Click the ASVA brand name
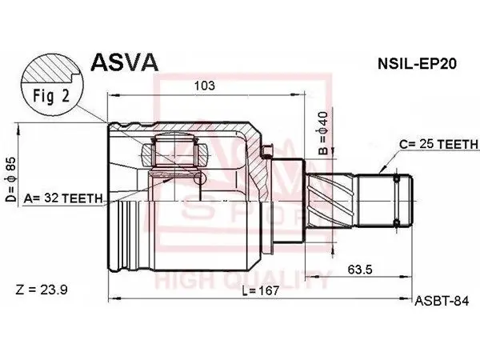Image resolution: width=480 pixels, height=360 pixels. pos(125,62)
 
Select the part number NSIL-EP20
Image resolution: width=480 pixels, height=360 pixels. pos(418,64)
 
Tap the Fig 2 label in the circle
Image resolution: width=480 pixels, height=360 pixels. pos(51,96)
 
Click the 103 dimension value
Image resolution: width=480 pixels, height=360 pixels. pos(205,86)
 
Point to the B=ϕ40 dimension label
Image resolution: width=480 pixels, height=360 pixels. pos(323,133)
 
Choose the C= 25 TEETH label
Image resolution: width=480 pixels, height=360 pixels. pos(438,144)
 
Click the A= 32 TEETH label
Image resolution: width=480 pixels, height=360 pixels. pos(62,198)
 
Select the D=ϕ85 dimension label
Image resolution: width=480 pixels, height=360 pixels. pos(11,179)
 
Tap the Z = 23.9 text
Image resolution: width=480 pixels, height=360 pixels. pos(42,290)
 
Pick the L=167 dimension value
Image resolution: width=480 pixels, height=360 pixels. pos(261,290)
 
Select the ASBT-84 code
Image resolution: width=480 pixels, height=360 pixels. pos(442,302)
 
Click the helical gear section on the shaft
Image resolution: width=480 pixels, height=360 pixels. pos(330,201)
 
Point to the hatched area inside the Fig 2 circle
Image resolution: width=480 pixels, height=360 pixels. pos(51,69)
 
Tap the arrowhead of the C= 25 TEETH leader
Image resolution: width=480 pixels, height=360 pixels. pos(382,170)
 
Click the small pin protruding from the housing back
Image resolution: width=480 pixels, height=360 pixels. pos(267,150)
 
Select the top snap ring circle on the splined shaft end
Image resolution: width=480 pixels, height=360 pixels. pos(397,178)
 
